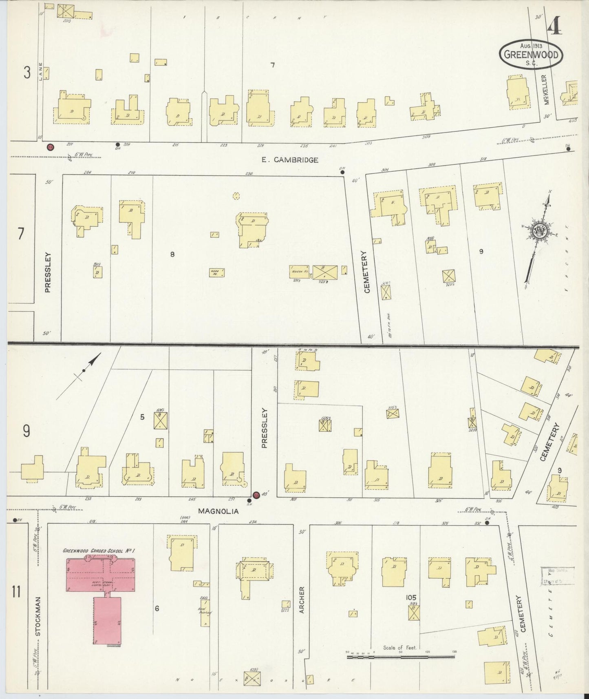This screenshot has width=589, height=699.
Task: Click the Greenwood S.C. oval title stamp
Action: (531, 55)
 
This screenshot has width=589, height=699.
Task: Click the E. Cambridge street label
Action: (290, 160)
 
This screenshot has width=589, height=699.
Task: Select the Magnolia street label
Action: (218, 511)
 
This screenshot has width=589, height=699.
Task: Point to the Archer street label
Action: (302, 600)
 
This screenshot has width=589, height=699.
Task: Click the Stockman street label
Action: (38, 622)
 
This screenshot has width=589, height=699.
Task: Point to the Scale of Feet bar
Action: (400, 657)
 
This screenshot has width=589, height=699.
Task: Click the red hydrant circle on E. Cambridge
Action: (51, 147)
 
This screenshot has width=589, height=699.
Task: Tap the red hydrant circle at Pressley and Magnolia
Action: (256, 495)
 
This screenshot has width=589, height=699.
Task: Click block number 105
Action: (411, 597)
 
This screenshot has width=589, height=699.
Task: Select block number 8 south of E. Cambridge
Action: (172, 254)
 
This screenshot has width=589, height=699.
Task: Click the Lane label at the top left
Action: (40, 71)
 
